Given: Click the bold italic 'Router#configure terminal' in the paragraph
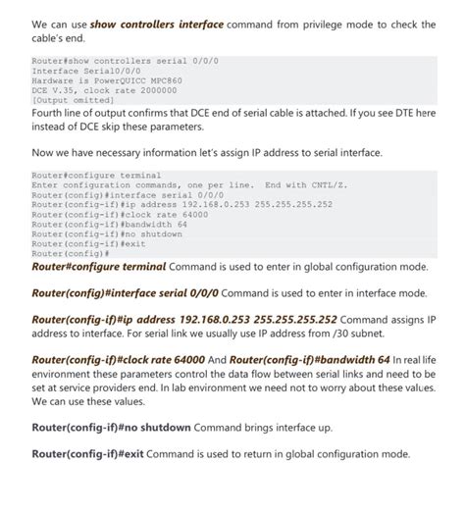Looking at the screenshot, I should pos(99,266).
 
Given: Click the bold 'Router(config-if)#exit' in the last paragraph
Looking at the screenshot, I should pos(89,454).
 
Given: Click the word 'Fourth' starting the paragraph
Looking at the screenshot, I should pos(50,113).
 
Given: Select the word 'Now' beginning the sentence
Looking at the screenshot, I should pos(44,153).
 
